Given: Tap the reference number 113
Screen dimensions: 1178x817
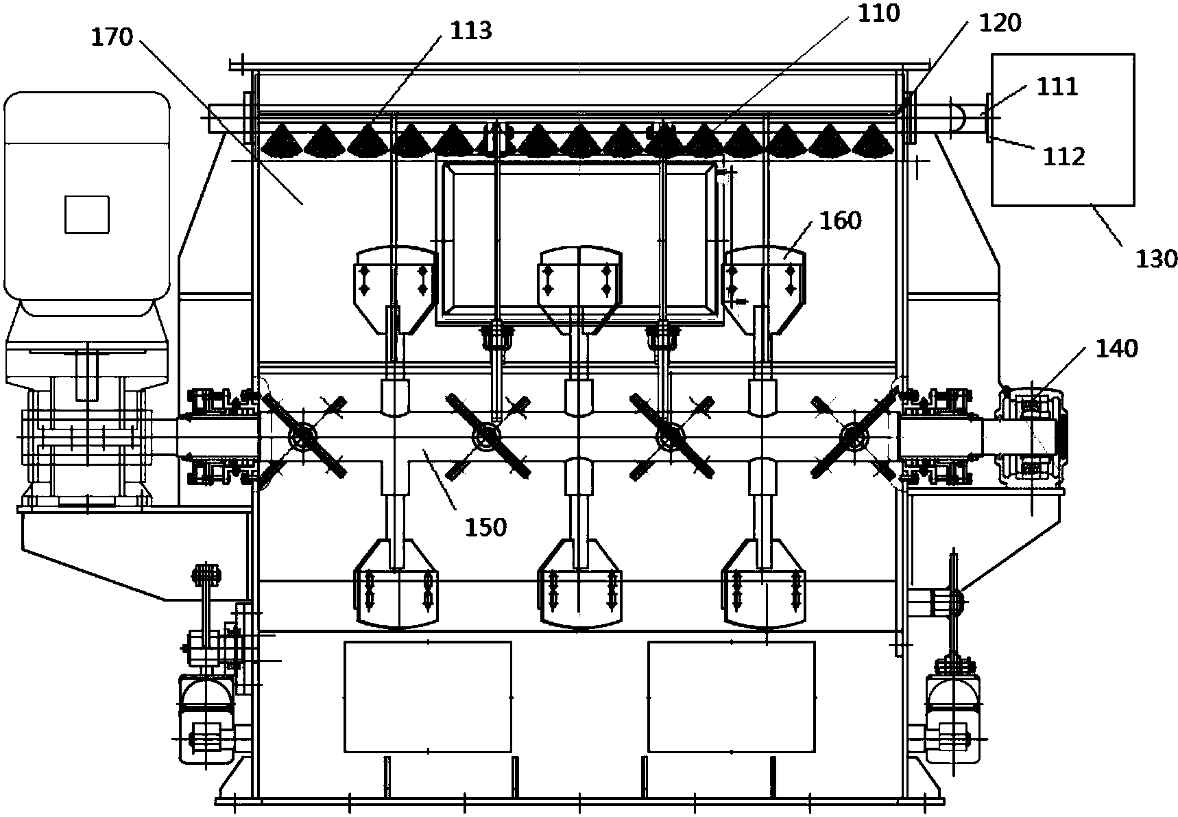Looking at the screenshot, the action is coord(472,31).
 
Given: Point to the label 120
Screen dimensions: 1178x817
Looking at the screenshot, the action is coord(1000,23).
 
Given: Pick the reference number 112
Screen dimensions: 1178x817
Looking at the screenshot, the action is coord(1065,157).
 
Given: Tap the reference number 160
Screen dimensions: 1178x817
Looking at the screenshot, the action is coord(840,220).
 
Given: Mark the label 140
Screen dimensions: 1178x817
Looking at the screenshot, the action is coord(1116,348).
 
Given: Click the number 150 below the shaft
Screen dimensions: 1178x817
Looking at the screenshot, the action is coord(485,527).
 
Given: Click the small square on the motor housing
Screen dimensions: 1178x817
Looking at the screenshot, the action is coord(86,214).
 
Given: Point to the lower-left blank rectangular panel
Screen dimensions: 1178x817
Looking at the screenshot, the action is coord(427,696).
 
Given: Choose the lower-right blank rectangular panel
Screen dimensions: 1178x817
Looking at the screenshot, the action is coord(732,696).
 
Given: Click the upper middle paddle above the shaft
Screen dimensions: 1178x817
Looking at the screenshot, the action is coord(580,288).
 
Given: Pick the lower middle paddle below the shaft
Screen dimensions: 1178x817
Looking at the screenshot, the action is coord(580,582).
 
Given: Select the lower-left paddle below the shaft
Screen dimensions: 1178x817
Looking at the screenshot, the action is coord(396,582).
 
